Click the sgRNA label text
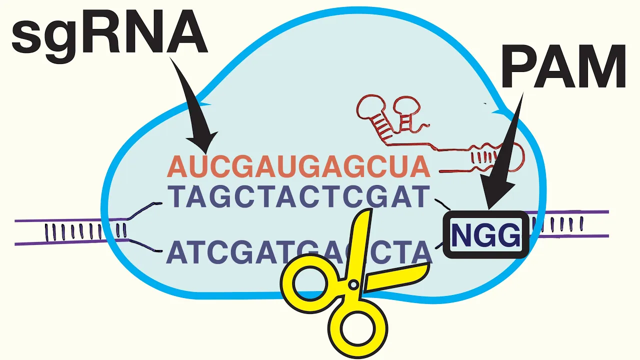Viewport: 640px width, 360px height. pyautogui.click(x=109, y=31)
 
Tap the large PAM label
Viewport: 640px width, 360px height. pyautogui.click(x=563, y=66)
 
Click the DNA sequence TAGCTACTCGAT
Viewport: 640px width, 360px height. pyautogui.click(x=298, y=197)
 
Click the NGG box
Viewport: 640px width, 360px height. pyautogui.click(x=485, y=235)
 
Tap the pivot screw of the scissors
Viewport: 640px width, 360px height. pyautogui.click(x=353, y=285)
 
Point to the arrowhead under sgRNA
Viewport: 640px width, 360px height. pyautogui.click(x=204, y=142)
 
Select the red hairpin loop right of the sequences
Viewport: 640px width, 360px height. pyautogui.click(x=515, y=155)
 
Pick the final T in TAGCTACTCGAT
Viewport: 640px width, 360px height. pyautogui.click(x=421, y=197)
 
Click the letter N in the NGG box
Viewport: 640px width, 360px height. pyautogui.click(x=461, y=235)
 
